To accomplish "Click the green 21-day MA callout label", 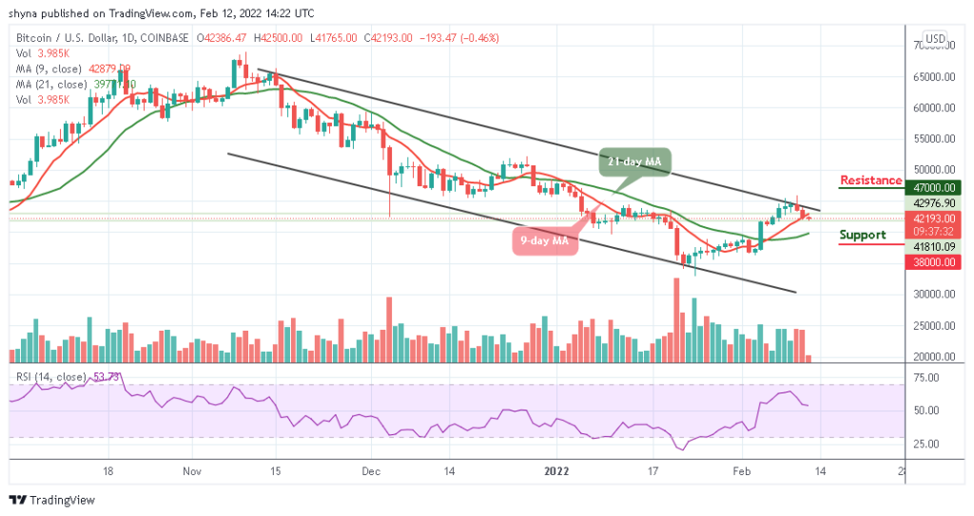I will (x=633, y=162).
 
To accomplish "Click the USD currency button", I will (x=935, y=39).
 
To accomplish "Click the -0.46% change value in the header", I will (x=479, y=38).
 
